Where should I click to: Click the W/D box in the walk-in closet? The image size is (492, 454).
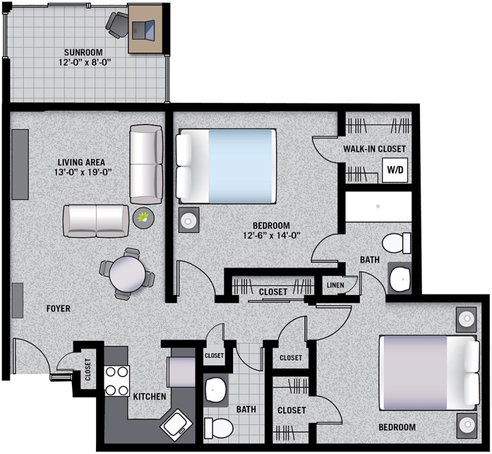coord(395,170)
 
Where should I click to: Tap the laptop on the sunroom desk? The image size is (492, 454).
coord(143,30)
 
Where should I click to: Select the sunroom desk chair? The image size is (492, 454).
coord(117,25)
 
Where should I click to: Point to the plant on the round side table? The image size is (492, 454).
coord(144,217)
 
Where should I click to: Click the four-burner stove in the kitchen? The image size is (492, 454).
coord(117,381)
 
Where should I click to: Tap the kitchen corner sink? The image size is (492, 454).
coord(176,426)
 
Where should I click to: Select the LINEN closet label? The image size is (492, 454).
coord(335,285)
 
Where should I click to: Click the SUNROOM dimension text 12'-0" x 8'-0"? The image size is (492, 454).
coord(85,62)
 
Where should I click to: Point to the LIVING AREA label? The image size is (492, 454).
coord(81,162)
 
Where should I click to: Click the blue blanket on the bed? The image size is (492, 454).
coord(240,166)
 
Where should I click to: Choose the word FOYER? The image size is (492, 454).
coord(58,309)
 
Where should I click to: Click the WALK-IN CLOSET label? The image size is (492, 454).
coord(375,148)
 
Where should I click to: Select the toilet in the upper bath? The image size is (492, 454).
coord(396,243)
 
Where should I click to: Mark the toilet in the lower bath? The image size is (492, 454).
coord(219,428)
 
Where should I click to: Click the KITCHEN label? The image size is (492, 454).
coord(149,397)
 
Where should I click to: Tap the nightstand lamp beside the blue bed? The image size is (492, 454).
coord(189,220)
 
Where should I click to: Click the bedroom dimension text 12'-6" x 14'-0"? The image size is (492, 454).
coord(271,235)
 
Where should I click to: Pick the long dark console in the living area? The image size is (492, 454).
coord(20,164)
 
